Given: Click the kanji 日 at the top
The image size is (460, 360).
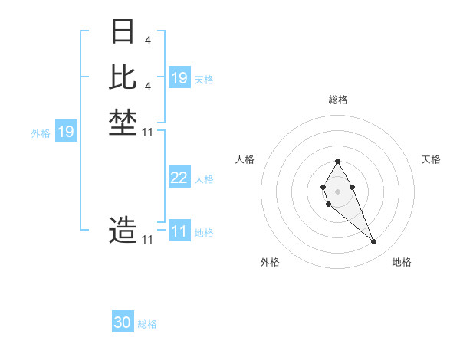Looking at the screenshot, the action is click(123, 31).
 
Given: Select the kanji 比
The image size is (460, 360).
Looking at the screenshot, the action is click(123, 77).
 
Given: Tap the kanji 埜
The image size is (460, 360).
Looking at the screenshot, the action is click(123, 123).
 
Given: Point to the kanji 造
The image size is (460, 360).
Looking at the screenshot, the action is click(123, 230).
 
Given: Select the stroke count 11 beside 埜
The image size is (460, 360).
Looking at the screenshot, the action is click(148, 133).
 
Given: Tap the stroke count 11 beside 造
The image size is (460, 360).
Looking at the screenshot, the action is click(148, 240).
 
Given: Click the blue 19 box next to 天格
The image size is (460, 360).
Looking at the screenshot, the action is click(179, 78).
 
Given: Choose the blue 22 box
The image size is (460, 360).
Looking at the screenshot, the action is click(179, 178).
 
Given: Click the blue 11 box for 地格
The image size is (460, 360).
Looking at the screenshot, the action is click(179, 231).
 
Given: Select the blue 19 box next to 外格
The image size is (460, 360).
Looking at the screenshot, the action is click(66, 133).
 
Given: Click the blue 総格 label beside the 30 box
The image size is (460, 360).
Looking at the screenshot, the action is click(148, 324).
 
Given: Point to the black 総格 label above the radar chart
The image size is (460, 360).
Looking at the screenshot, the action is click(338, 100).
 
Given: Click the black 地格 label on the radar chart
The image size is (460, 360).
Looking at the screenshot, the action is click(402, 263).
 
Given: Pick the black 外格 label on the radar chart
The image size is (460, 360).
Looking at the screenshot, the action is click(270, 263).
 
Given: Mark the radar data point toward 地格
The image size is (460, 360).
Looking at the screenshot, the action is click(374, 242).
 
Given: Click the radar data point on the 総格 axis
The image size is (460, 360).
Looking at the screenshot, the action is click(338, 161).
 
